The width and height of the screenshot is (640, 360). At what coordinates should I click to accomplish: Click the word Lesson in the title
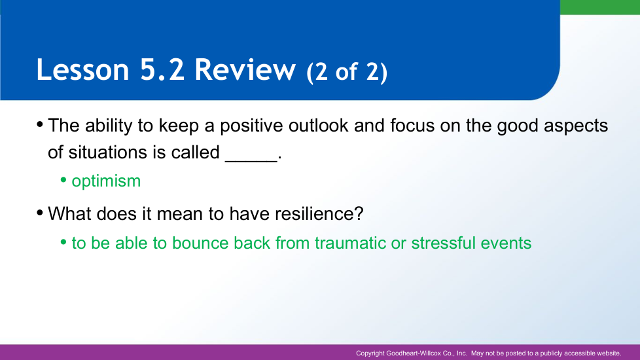tap(83, 69)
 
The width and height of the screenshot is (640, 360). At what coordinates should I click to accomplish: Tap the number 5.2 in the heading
tap(162, 69)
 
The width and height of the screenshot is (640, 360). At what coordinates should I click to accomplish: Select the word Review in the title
tap(245, 69)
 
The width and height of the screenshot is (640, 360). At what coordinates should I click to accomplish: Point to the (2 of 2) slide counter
tap(347, 72)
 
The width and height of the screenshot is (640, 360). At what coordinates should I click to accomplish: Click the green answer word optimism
tap(106, 181)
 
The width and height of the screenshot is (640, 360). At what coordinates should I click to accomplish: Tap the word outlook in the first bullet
tap(319, 125)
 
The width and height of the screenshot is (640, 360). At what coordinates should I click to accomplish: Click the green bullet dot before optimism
tap(63, 179)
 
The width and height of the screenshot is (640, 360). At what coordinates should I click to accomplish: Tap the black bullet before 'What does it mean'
tap(40, 212)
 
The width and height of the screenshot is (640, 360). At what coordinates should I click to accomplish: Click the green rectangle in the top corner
tap(600, 7)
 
